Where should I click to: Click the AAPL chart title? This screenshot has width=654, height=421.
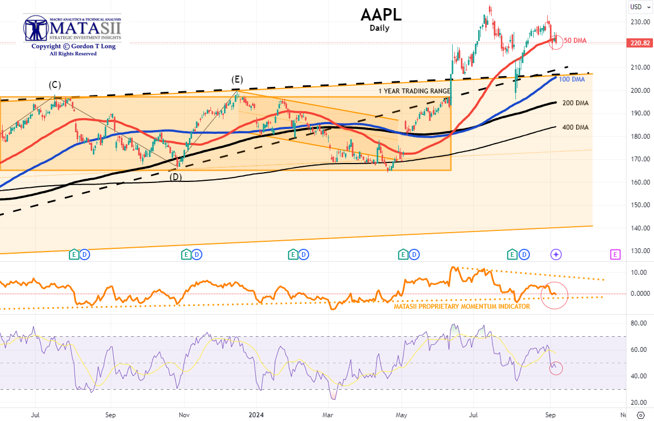(381, 15)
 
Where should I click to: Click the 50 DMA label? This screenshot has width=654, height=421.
(575, 40)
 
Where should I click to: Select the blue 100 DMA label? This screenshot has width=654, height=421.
(571, 79)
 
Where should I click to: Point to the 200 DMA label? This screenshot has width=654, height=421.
(575, 103)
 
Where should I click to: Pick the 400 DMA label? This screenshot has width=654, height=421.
(575, 127)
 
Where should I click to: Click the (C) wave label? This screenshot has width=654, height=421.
(54, 85)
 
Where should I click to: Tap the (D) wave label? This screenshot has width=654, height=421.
(176, 176)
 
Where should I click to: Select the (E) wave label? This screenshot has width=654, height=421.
(237, 79)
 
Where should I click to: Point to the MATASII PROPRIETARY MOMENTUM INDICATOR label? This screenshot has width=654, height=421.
(462, 306)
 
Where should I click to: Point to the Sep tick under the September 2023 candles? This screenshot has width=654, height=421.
(111, 415)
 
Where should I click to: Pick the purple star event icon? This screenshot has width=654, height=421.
(556, 254)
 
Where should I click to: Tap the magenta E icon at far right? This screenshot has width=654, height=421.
(615, 254)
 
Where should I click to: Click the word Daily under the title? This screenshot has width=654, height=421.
(379, 28)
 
